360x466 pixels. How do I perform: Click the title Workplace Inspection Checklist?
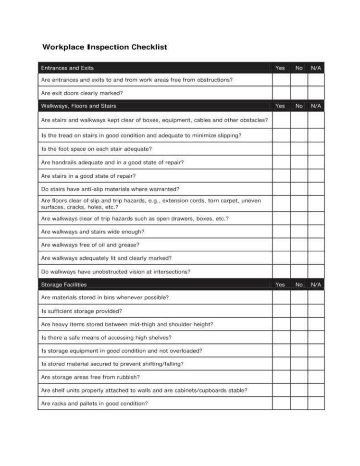click(x=105, y=47)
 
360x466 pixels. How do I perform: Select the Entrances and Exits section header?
click(x=67, y=68)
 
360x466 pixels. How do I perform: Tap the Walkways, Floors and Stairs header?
click(x=78, y=106)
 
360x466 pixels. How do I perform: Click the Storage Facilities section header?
click(x=64, y=284)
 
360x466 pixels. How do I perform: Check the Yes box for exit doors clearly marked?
click(x=281, y=93)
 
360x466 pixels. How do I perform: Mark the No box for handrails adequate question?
click(x=299, y=162)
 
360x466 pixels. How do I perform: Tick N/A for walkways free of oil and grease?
click(x=316, y=245)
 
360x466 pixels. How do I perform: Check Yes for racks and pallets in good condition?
click(x=281, y=404)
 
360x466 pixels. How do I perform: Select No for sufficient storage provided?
click(x=299, y=311)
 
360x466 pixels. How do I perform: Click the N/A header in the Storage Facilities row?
click(x=316, y=284)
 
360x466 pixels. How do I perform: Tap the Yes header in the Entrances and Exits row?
click(x=280, y=68)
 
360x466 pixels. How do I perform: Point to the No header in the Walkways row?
click(x=299, y=106)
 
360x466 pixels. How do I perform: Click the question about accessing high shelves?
click(x=106, y=337)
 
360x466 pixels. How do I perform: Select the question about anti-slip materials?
click(x=110, y=189)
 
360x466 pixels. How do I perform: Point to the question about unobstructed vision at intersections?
click(x=115, y=271)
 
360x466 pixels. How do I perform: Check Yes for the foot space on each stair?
click(x=281, y=149)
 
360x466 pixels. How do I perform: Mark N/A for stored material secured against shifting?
click(x=316, y=364)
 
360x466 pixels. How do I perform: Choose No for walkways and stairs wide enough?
click(x=299, y=232)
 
